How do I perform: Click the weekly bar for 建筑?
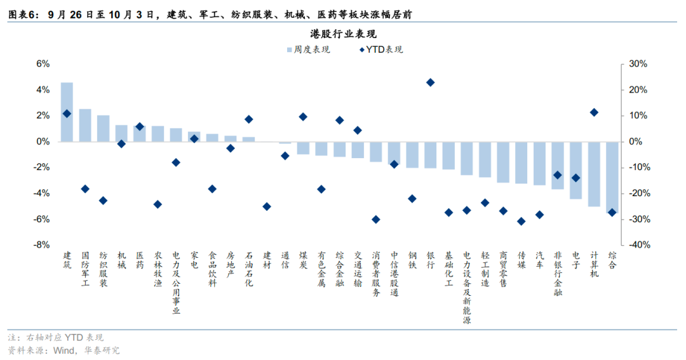67,112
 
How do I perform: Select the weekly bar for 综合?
612,178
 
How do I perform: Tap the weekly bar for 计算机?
594,174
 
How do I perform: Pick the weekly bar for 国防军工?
85,125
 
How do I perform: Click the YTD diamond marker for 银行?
431,83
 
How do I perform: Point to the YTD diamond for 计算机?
594,112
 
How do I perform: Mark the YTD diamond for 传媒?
521,222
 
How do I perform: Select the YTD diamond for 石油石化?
248,119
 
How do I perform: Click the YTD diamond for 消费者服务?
376,219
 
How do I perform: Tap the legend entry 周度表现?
308,50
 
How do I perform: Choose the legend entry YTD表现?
381,50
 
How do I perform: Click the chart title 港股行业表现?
343,34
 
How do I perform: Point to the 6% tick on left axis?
43,64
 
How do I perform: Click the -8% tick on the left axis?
42,245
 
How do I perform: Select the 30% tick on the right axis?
638,64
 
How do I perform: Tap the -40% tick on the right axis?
639,245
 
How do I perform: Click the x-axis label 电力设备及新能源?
467,288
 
